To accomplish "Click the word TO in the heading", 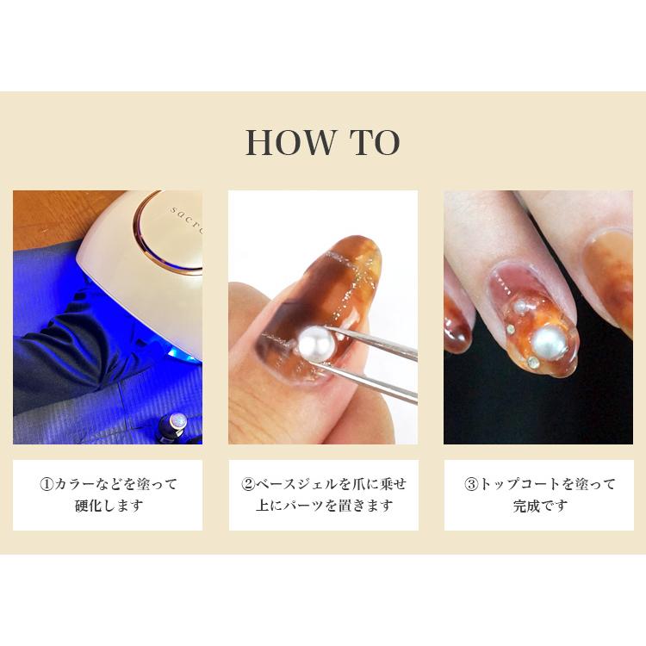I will [374, 143].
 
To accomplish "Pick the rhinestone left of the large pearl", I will [510, 328].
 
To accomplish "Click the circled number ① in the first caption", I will [47, 484].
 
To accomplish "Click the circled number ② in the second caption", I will [249, 484].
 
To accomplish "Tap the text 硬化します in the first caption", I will [108, 506].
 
